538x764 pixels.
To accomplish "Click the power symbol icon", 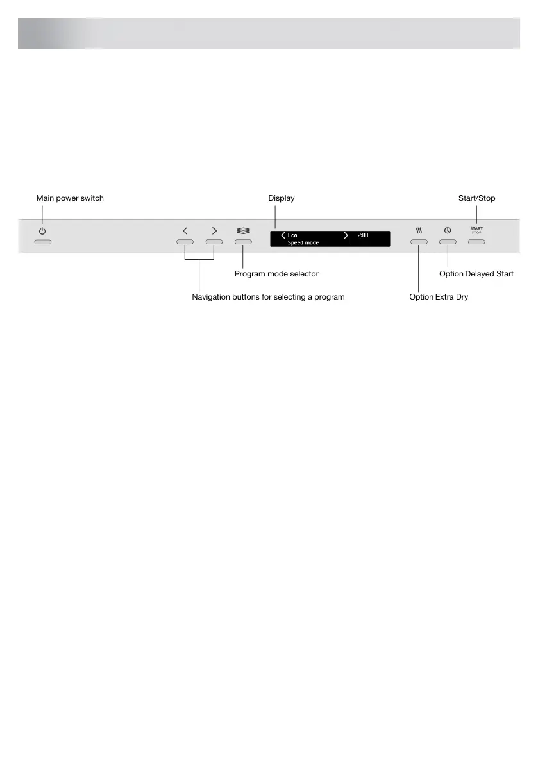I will (42, 230).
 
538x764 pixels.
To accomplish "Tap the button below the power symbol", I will (42, 243).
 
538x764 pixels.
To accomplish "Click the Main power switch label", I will (70, 198).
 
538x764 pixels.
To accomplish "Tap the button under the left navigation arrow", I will (185, 242).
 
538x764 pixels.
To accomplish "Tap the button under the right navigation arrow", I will (214, 242).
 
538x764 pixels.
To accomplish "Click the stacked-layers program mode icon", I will (243, 230).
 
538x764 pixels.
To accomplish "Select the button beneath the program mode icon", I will (243, 242).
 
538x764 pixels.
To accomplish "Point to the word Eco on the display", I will (292, 235).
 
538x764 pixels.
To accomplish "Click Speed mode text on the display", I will (303, 243).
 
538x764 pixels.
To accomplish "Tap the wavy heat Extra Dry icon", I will (418, 230).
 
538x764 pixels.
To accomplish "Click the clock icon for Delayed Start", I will (448, 230).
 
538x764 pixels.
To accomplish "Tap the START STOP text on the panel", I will (476, 230).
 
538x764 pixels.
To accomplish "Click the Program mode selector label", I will (276, 274).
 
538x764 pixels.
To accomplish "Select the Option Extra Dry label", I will (439, 297).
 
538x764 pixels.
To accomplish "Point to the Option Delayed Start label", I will (476, 274).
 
